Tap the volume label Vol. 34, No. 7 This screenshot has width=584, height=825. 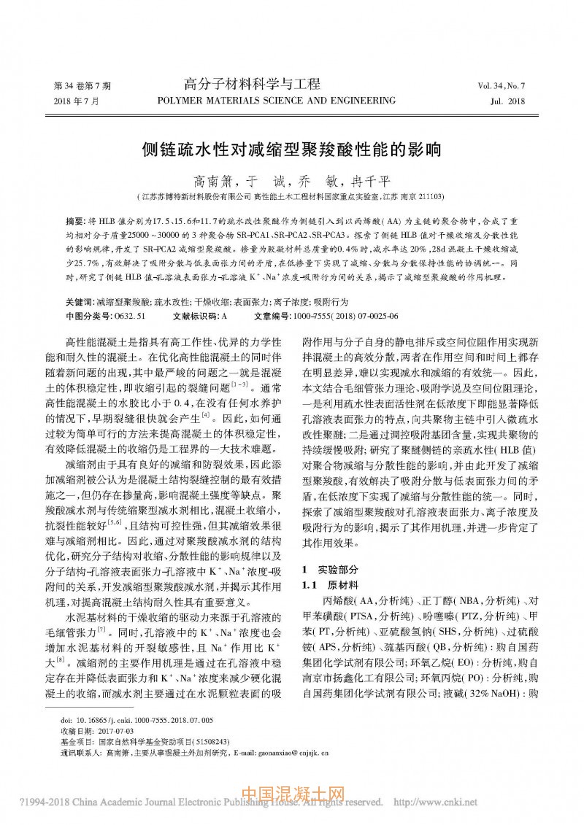coord(502,86)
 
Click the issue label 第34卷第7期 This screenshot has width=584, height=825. coord(82,86)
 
